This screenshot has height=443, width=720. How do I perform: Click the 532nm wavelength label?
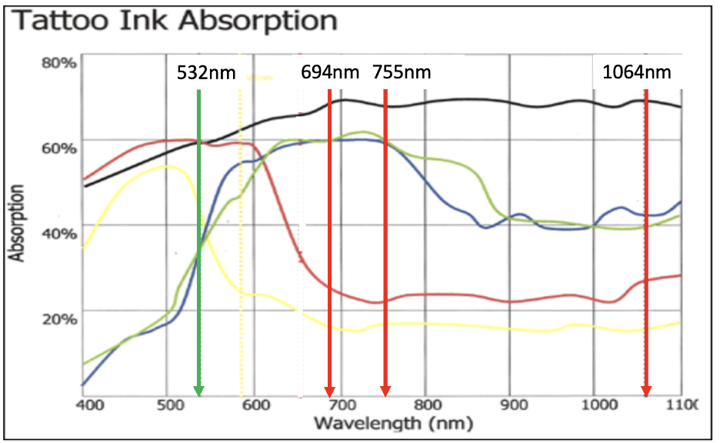(x=201, y=73)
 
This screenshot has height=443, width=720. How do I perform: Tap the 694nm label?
(x=331, y=73)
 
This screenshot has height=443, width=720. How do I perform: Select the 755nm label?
(x=402, y=73)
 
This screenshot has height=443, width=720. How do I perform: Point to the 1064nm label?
(x=636, y=73)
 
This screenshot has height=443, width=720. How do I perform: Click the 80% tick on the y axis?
(x=58, y=62)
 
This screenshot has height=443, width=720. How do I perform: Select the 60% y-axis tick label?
(x=58, y=148)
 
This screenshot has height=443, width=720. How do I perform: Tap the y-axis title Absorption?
(x=17, y=223)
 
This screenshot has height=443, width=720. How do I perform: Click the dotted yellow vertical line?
(x=241, y=231)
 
